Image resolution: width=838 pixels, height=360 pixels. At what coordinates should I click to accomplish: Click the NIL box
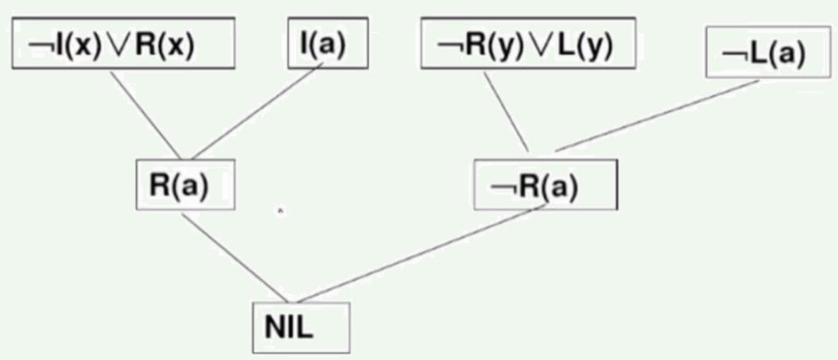299,326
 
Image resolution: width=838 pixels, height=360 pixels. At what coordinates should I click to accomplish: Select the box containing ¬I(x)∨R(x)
124,45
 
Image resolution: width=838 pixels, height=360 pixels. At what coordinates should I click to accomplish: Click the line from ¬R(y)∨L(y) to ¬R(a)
506,111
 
